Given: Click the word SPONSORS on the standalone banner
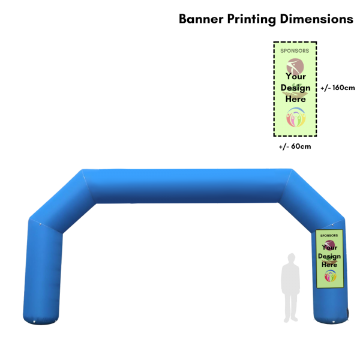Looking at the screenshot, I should tap(295, 51).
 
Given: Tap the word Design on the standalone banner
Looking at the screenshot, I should tap(295, 88).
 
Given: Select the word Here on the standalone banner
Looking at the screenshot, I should tap(295, 99).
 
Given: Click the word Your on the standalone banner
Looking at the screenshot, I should tap(295, 76).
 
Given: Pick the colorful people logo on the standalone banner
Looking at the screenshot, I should tap(295, 118).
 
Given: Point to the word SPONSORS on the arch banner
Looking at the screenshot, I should tap(329, 236).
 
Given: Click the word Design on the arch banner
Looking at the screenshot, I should tap(329, 256).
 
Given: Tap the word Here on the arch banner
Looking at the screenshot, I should tap(329, 265).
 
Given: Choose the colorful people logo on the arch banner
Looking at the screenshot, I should tap(330, 276).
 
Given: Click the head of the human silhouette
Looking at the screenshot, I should tap(291, 259).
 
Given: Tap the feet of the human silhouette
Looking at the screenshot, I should tap(291, 319).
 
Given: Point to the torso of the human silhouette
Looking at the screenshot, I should tap(291, 279).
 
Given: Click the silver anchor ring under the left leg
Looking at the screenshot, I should tap(35, 324).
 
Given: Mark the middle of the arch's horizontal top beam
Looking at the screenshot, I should tap(186, 186).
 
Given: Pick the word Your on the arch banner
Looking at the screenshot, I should tap(329, 247).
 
